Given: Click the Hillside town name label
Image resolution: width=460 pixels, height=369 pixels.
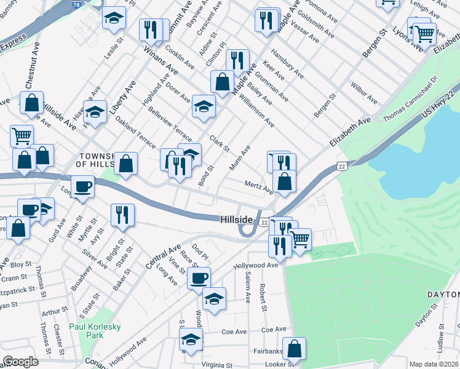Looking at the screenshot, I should point(237,220).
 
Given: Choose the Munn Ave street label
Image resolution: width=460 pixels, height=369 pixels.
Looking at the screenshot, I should point(240,158).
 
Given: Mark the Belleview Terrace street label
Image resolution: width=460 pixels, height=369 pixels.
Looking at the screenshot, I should point(170,124).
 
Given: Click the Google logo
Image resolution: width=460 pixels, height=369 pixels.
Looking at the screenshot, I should point(21,362).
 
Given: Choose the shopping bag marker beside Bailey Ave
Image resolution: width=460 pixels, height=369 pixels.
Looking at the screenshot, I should point(222,81).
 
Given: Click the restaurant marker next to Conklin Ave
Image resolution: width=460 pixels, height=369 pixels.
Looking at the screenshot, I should point(151,29).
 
